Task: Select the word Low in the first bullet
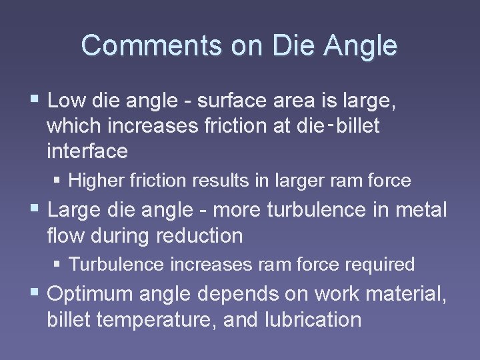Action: point(64,101)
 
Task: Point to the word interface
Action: point(87,151)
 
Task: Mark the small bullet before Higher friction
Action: point(59,180)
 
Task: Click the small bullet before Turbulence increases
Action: point(59,265)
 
